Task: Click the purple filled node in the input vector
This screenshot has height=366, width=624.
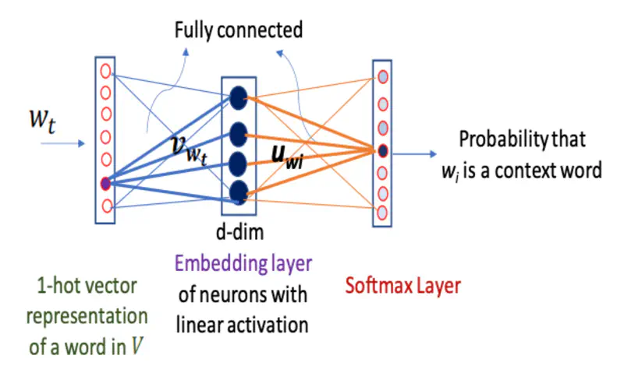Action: [x=105, y=184]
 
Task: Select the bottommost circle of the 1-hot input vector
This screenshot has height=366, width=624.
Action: [x=105, y=206]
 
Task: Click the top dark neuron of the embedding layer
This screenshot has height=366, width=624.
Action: [x=239, y=97]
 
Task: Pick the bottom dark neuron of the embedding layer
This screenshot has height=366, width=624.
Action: [x=239, y=189]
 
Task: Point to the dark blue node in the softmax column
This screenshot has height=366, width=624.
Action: [x=382, y=150]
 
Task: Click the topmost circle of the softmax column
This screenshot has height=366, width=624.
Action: [x=382, y=77]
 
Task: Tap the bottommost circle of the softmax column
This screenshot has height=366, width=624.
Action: [x=382, y=212]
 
